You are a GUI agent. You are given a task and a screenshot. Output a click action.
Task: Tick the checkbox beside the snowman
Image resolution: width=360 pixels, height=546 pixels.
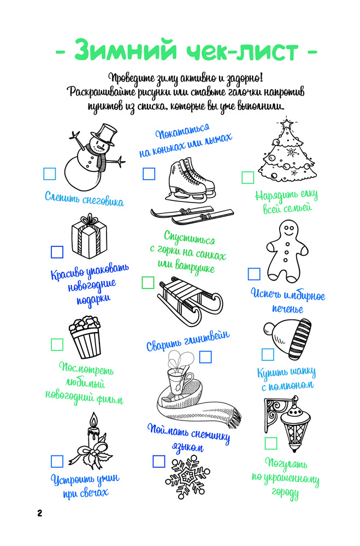pyautogui.click(x=50, y=174)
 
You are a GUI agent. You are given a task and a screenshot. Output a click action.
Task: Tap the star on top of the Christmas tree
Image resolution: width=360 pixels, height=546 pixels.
pyautogui.click(x=286, y=123)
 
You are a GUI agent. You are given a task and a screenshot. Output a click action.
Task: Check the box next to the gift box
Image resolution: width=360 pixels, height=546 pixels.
pyautogui.click(x=57, y=252)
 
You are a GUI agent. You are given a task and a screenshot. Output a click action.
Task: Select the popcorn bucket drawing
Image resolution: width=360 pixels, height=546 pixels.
pyautogui.click(x=85, y=336)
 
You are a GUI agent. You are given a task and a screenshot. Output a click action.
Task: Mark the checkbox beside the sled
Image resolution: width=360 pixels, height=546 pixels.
pyautogui.click(x=147, y=282)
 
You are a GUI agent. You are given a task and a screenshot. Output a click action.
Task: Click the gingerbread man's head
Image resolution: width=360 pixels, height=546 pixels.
pyautogui.click(x=288, y=229)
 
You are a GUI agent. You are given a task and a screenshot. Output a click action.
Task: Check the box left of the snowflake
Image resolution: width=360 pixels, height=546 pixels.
pyautogui.click(x=158, y=462)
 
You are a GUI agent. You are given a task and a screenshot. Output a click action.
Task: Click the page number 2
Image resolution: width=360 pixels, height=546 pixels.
pyautogui.click(x=39, y=513)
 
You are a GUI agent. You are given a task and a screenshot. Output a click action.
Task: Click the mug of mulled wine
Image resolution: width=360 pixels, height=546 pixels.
pyautogui.click(x=179, y=381)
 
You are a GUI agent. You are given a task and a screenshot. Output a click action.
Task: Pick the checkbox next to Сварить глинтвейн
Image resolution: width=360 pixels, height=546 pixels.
pyautogui.click(x=205, y=357)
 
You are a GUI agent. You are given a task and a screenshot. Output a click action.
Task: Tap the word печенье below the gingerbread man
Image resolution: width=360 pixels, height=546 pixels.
pyautogui.click(x=287, y=308)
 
